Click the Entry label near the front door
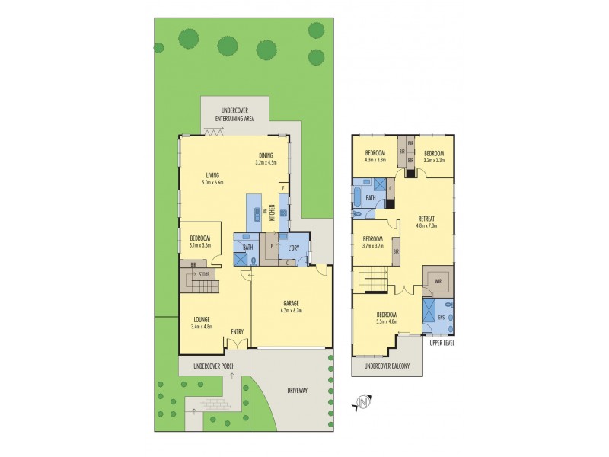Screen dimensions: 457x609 [238, 331]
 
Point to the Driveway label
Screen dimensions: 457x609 [298, 390]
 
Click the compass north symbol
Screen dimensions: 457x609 [363, 401]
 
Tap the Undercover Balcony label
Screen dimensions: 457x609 [388, 367]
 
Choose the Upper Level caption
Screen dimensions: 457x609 [442, 343]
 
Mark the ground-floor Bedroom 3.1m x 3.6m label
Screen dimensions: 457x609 [199, 242]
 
